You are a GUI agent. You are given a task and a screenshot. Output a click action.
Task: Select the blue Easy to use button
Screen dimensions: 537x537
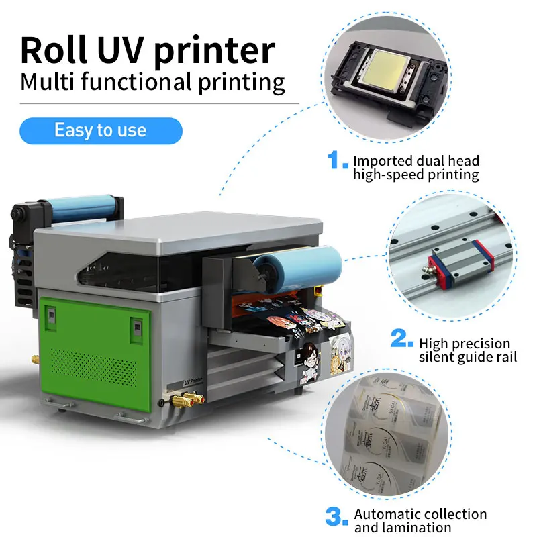(x=101, y=130)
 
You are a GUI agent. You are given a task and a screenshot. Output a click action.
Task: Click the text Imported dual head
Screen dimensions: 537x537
(x=416, y=161)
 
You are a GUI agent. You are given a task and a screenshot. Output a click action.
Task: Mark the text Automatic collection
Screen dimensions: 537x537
(x=420, y=514)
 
